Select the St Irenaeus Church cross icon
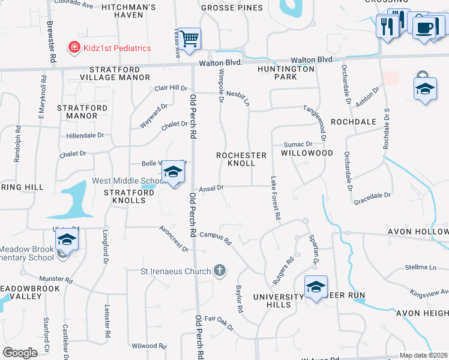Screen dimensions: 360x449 point(220,271)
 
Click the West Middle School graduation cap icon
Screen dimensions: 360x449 point(173,173)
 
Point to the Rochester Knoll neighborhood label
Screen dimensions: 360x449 point(241,159)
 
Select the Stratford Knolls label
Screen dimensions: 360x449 point(125,196)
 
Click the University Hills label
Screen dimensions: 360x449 point(278,301)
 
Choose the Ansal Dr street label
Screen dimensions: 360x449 point(211,188)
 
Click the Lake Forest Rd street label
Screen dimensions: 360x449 point(276,197)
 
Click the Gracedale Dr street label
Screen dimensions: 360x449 point(372,196)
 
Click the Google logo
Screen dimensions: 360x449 point(20,353)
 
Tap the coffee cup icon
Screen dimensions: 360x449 point(425,28)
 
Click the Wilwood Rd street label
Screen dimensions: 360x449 point(149,346)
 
